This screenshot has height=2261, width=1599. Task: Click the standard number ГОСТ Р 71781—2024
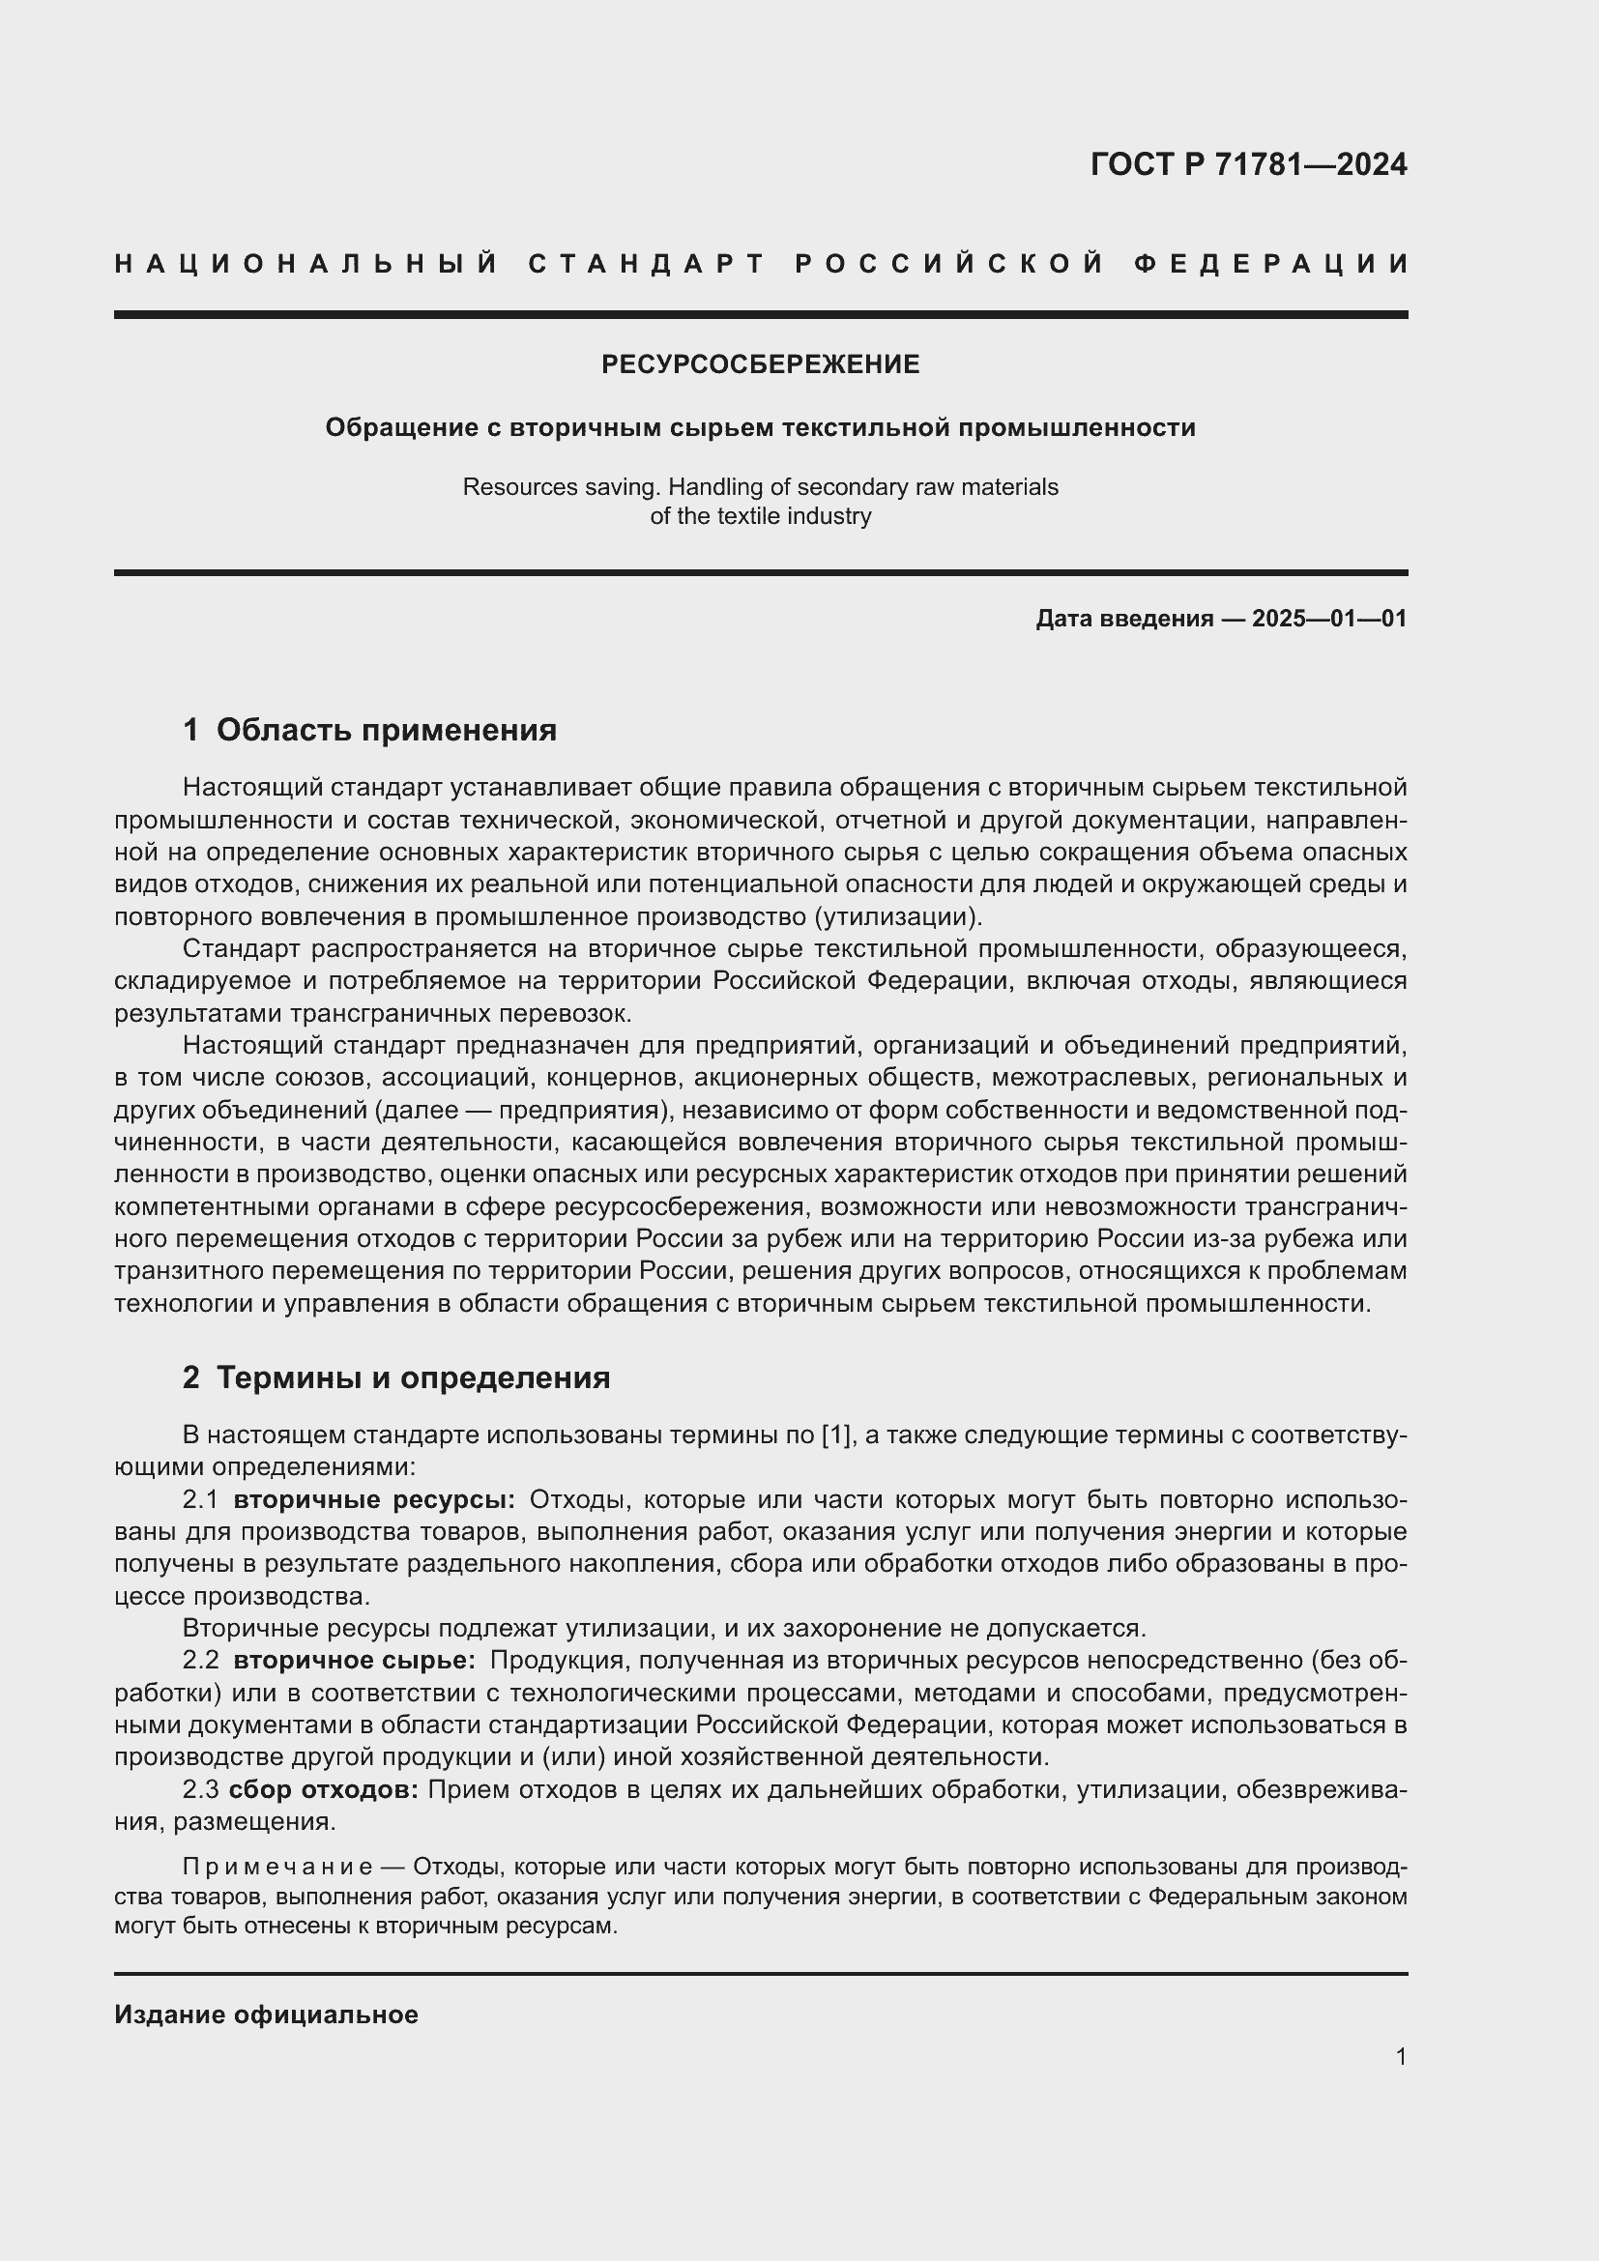point(1248,164)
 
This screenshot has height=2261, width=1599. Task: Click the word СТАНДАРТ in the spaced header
point(647,264)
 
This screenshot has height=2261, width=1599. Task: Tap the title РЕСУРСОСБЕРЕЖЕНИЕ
point(760,364)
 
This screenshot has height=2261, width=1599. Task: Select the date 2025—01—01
point(1329,619)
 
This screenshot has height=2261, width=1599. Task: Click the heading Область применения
point(386,730)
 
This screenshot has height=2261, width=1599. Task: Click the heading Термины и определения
point(413,1377)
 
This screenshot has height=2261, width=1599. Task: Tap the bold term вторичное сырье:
point(355,1661)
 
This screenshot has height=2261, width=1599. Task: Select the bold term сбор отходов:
point(324,1789)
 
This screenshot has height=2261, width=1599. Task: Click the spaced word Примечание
point(276,1868)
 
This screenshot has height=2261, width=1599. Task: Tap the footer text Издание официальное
point(266,2015)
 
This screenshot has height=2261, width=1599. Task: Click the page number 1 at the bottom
point(1400,2056)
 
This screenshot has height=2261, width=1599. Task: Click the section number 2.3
point(201,1789)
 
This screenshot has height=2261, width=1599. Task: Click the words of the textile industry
point(760,516)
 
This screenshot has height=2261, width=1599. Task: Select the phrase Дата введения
point(1123,619)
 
